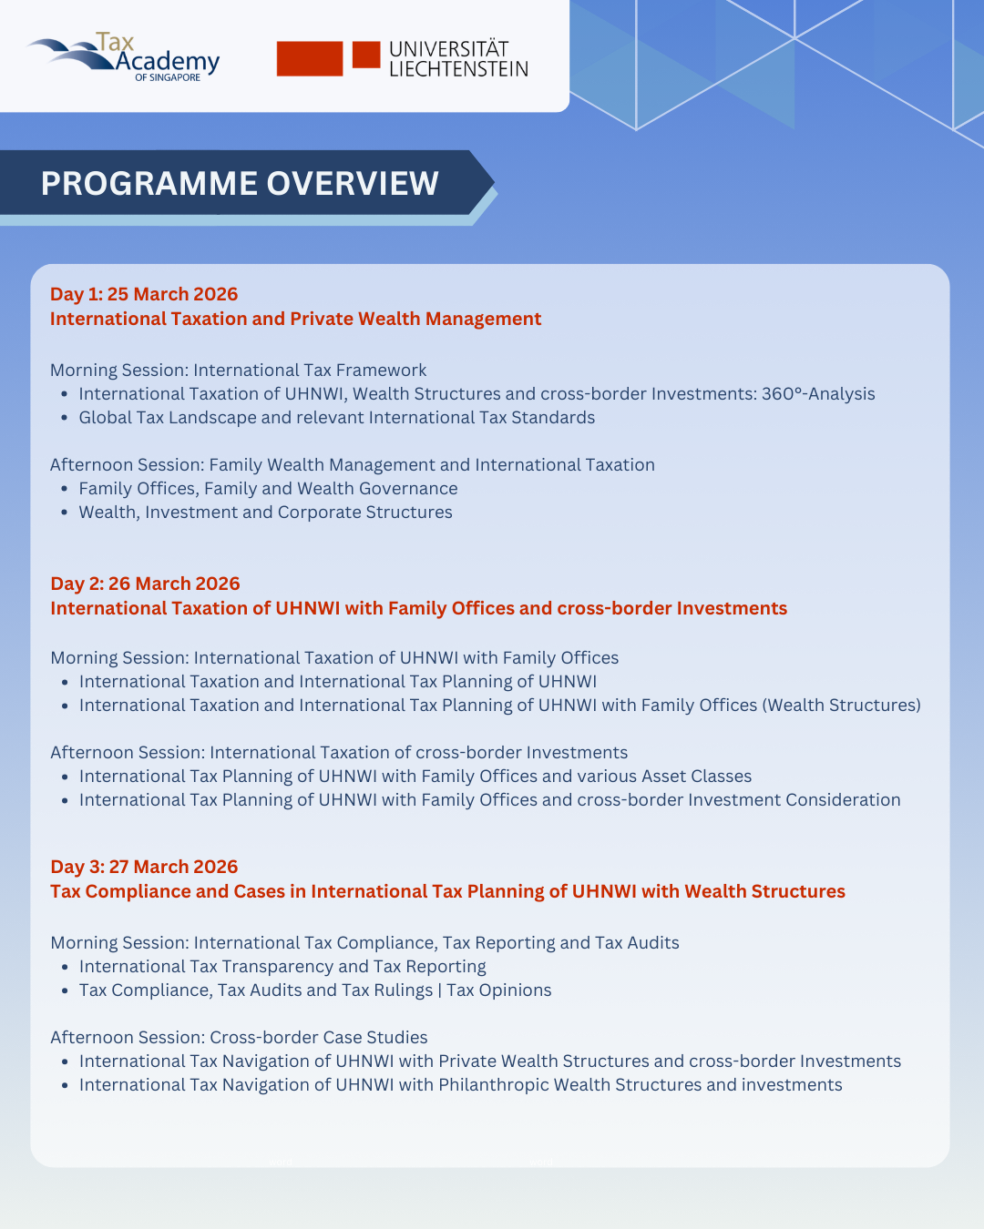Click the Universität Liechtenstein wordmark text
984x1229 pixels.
[x=457, y=59]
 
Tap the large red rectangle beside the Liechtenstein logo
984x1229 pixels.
[x=310, y=58]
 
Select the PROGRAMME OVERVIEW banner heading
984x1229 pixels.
[x=240, y=183]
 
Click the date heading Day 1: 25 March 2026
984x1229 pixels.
[x=144, y=294]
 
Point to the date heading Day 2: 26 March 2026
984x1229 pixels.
[x=145, y=584]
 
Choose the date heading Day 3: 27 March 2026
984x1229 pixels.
[x=144, y=867]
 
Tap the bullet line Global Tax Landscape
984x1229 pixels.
[x=336, y=418]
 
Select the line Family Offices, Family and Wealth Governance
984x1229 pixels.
[x=268, y=489]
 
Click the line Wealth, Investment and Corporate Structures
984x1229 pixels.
[x=265, y=513]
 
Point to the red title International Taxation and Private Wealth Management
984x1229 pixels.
[x=295, y=319]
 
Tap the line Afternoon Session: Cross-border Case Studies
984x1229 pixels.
[x=239, y=1038]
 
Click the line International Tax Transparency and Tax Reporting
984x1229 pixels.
[x=282, y=967]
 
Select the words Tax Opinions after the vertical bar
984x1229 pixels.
[x=499, y=990]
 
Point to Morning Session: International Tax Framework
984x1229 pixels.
[x=238, y=371]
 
